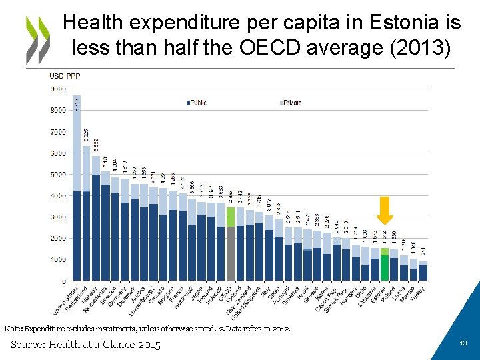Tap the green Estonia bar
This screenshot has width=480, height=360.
click(385, 267)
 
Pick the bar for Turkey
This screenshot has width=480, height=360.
click(423, 272)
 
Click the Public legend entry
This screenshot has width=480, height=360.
click(199, 103)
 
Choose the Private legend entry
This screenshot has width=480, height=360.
click(291, 103)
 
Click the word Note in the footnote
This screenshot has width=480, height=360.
click(13, 329)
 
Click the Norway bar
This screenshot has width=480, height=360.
click(95, 223)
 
